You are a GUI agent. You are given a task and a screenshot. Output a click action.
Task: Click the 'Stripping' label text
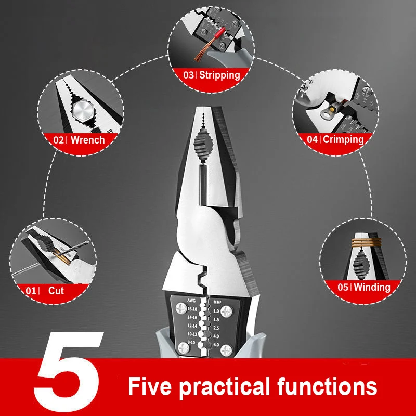[x=219, y=75]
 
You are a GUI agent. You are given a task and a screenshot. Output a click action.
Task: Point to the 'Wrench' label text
[x=87, y=139]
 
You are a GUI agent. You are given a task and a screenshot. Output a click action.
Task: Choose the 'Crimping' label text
[x=343, y=139]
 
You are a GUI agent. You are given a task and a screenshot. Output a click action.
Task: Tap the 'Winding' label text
[x=372, y=287]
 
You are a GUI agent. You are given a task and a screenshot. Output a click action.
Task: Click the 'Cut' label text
[x=56, y=291]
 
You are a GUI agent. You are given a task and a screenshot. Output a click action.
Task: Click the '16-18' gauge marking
[x=192, y=309]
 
